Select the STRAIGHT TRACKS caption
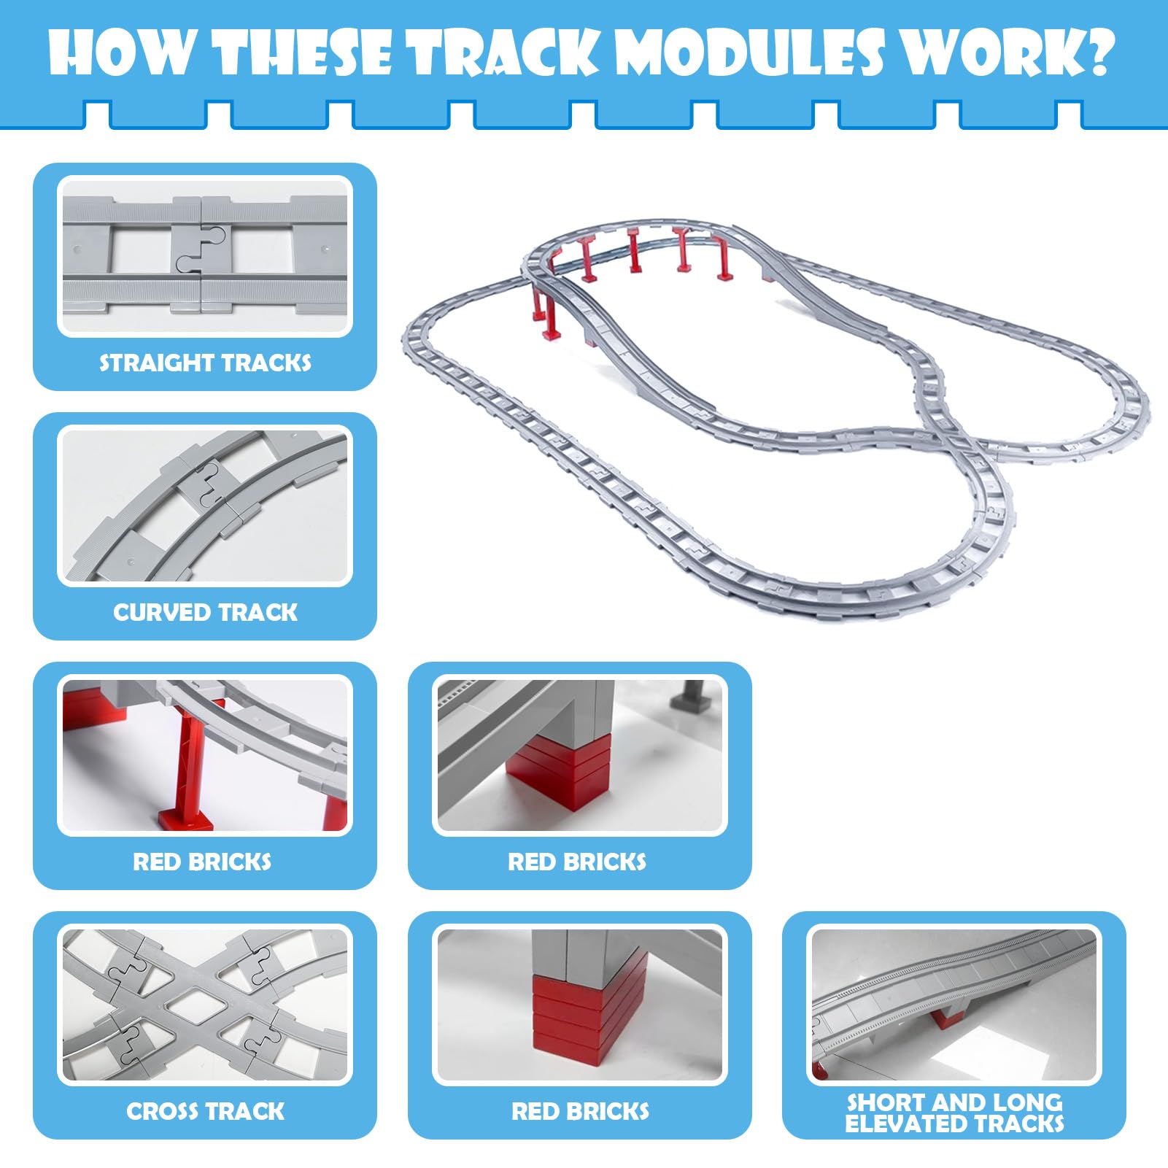click(205, 363)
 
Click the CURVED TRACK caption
click(205, 612)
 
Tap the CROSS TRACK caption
click(205, 1111)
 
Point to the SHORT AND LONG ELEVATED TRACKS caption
click(954, 1113)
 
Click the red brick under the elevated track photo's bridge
click(949, 1016)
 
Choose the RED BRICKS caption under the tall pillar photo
click(202, 862)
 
